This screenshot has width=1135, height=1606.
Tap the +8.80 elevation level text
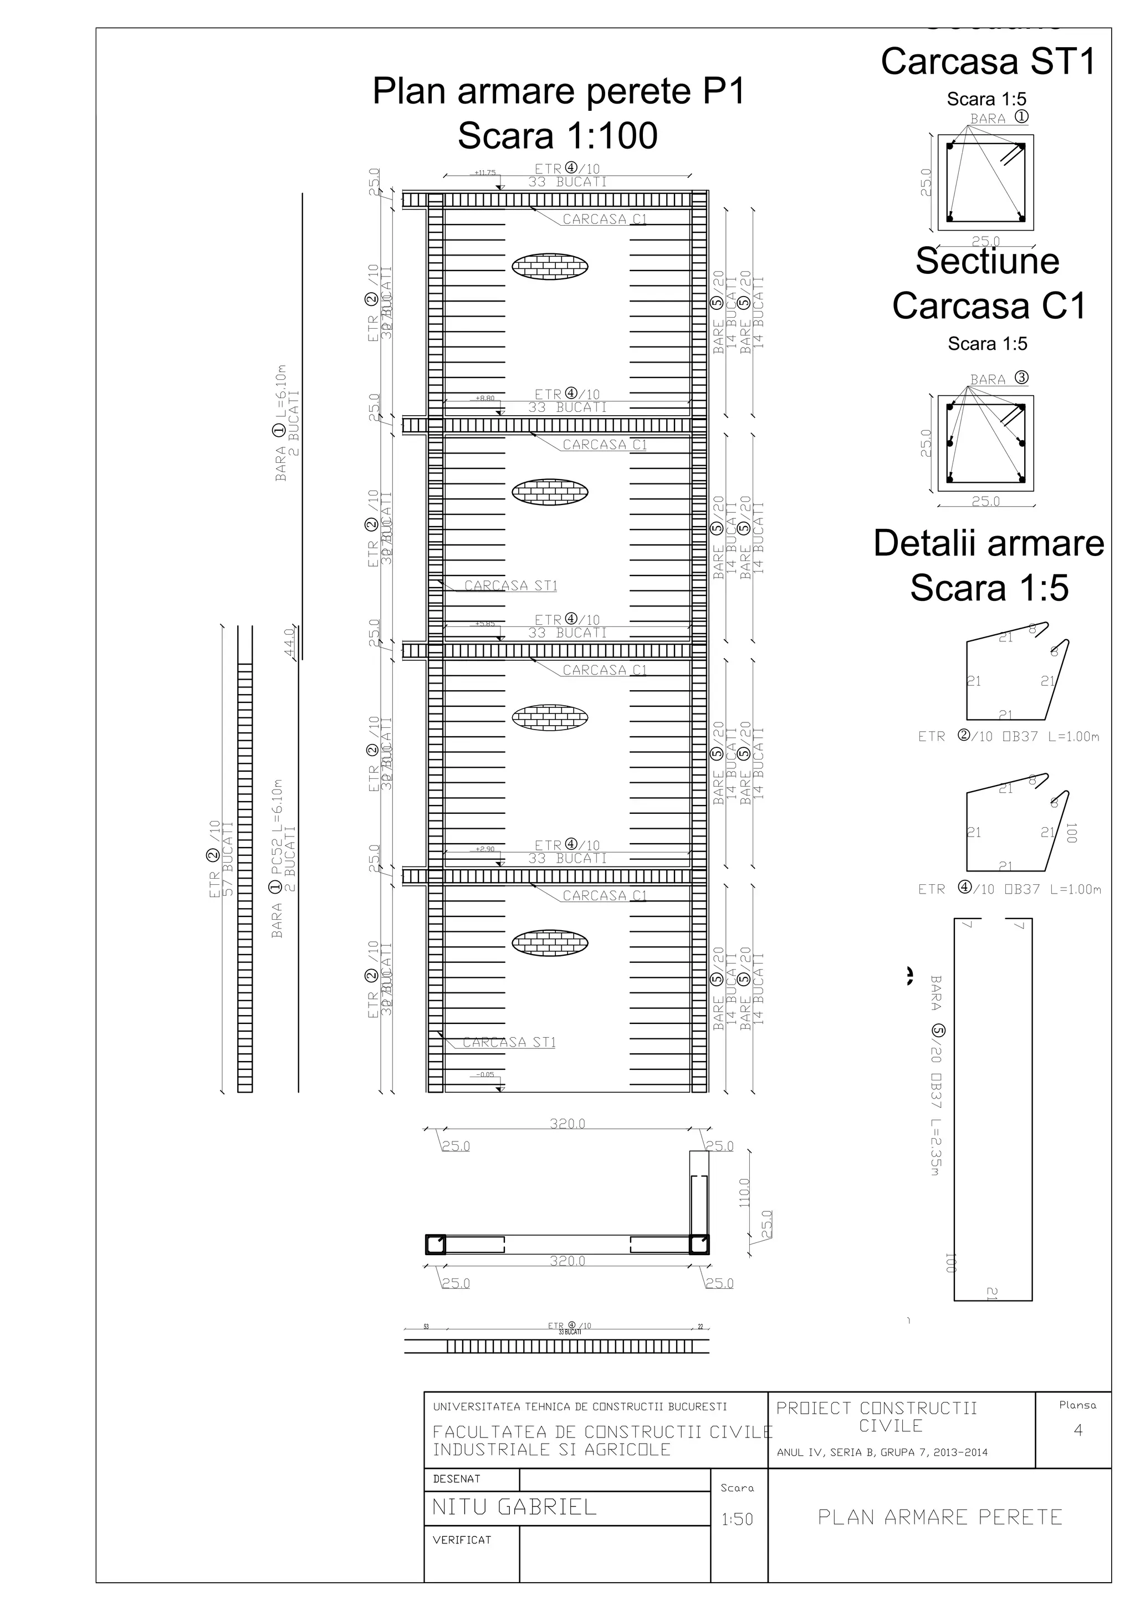coord(484,398)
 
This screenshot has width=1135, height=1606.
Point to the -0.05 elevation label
coord(484,1074)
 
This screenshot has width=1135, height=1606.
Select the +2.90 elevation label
coord(484,849)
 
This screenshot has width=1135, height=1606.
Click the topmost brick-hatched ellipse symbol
coord(550,266)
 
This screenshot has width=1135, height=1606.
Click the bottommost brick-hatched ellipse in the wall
coord(550,942)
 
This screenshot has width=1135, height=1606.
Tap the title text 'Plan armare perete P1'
coord(558,91)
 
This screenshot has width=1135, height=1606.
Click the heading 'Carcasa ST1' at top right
coord(988,62)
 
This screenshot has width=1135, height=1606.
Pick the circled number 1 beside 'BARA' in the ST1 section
coord(1022,117)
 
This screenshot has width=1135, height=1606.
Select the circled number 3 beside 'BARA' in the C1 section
coord(1022,378)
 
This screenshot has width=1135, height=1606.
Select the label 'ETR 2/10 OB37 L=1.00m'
coord(1009,737)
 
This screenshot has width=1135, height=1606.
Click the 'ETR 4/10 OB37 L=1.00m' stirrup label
coord(1009,889)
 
